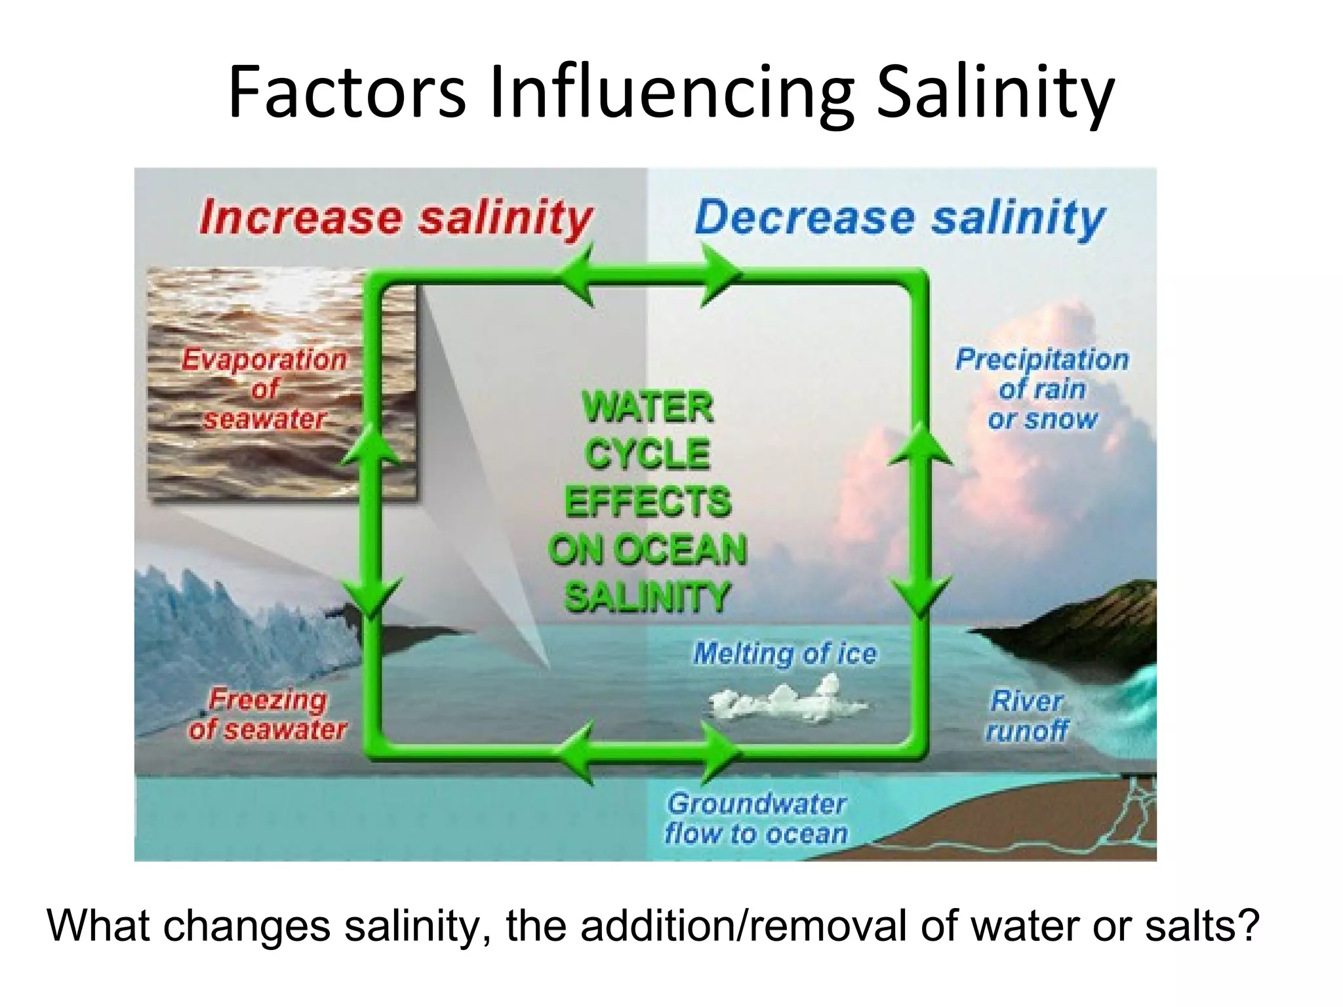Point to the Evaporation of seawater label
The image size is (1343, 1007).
tap(264, 389)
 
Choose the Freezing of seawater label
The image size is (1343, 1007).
tap(268, 715)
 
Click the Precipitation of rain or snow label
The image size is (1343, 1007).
tap(1042, 389)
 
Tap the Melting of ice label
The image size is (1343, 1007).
tap(785, 653)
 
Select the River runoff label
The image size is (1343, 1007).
tap(1026, 715)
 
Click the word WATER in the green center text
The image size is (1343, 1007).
tap(647, 407)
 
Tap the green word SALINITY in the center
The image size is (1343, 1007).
tap(647, 597)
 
